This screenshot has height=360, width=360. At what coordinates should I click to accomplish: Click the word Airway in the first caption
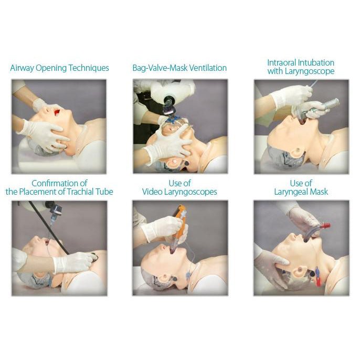[22, 68]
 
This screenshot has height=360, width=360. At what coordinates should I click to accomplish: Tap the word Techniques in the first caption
[89, 68]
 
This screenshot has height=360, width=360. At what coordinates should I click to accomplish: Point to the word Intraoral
[282, 62]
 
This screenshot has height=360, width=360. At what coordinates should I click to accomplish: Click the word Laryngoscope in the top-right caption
[310, 71]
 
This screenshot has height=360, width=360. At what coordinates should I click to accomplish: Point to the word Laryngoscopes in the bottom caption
[190, 192]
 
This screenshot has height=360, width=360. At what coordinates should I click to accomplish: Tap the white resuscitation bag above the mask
[172, 90]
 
